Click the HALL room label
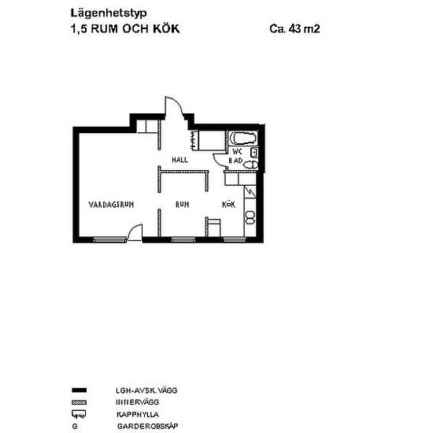point(179,160)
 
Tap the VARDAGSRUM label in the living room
point(111,205)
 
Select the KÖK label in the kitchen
point(228,205)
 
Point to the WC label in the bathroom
point(237,152)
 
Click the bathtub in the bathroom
point(243,138)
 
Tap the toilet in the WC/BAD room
point(251,165)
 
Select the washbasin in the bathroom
point(254,153)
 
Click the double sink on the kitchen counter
point(250,217)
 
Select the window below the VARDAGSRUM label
point(109,240)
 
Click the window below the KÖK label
point(235,239)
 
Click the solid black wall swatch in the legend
point(80,390)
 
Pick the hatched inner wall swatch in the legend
point(80,402)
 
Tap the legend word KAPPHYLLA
point(138,414)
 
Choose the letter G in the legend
point(75,427)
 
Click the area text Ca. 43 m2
point(294,28)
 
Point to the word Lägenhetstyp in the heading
point(109,13)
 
